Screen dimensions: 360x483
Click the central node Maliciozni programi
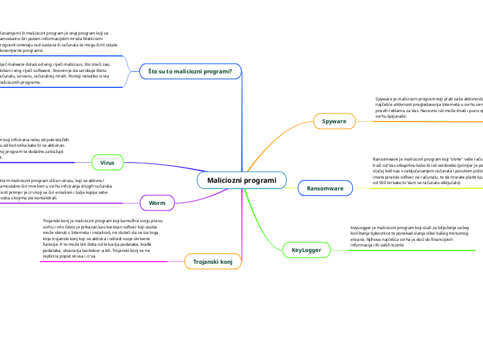tap(241, 181)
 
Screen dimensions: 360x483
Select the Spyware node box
tap(334, 122)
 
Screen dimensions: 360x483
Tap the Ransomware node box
tap(325, 188)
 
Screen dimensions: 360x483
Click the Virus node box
tap(107, 163)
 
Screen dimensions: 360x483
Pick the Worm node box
tap(157, 203)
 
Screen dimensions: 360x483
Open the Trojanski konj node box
tap(212, 261)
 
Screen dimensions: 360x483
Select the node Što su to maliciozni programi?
tap(190, 71)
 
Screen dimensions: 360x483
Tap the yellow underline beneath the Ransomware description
tap(416, 188)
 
